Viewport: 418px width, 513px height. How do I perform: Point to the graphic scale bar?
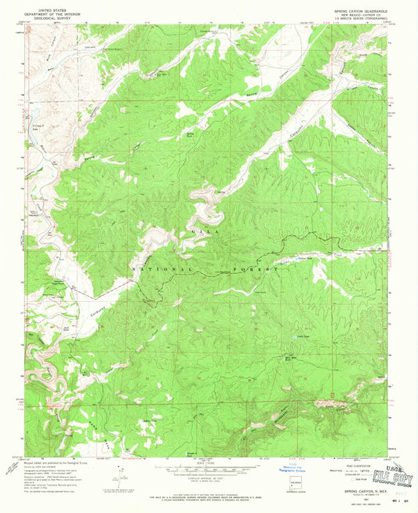208,468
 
